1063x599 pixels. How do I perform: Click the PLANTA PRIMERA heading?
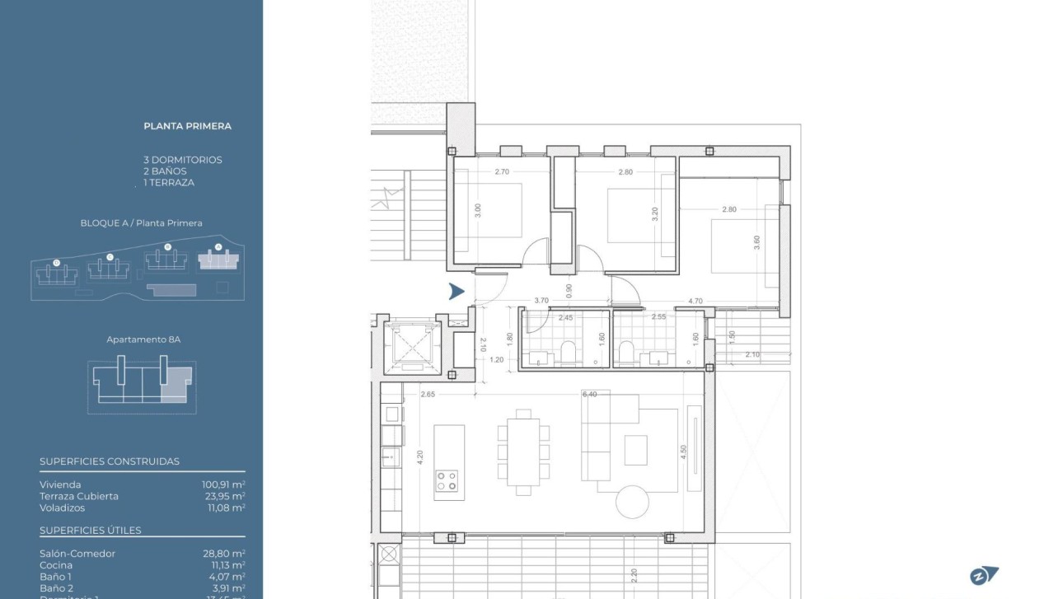187,126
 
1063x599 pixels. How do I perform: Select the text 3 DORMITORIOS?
182,160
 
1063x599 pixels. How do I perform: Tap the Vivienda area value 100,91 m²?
223,484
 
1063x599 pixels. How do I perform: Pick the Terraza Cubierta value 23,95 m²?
225,496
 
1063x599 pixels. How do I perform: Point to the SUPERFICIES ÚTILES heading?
90,530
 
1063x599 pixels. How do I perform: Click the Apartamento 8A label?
143,339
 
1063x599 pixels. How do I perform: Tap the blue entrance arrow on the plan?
457,291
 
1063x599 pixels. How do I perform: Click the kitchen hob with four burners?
446,480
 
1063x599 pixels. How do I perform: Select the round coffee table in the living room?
633,501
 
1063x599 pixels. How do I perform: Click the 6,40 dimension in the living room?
589,395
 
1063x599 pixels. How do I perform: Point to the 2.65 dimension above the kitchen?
427,395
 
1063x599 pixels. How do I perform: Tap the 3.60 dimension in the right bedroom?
756,243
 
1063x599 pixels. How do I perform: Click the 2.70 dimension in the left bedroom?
503,172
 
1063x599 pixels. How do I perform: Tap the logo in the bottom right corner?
984,577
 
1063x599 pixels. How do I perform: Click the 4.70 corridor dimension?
695,302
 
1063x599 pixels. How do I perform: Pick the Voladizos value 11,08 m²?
225,508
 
